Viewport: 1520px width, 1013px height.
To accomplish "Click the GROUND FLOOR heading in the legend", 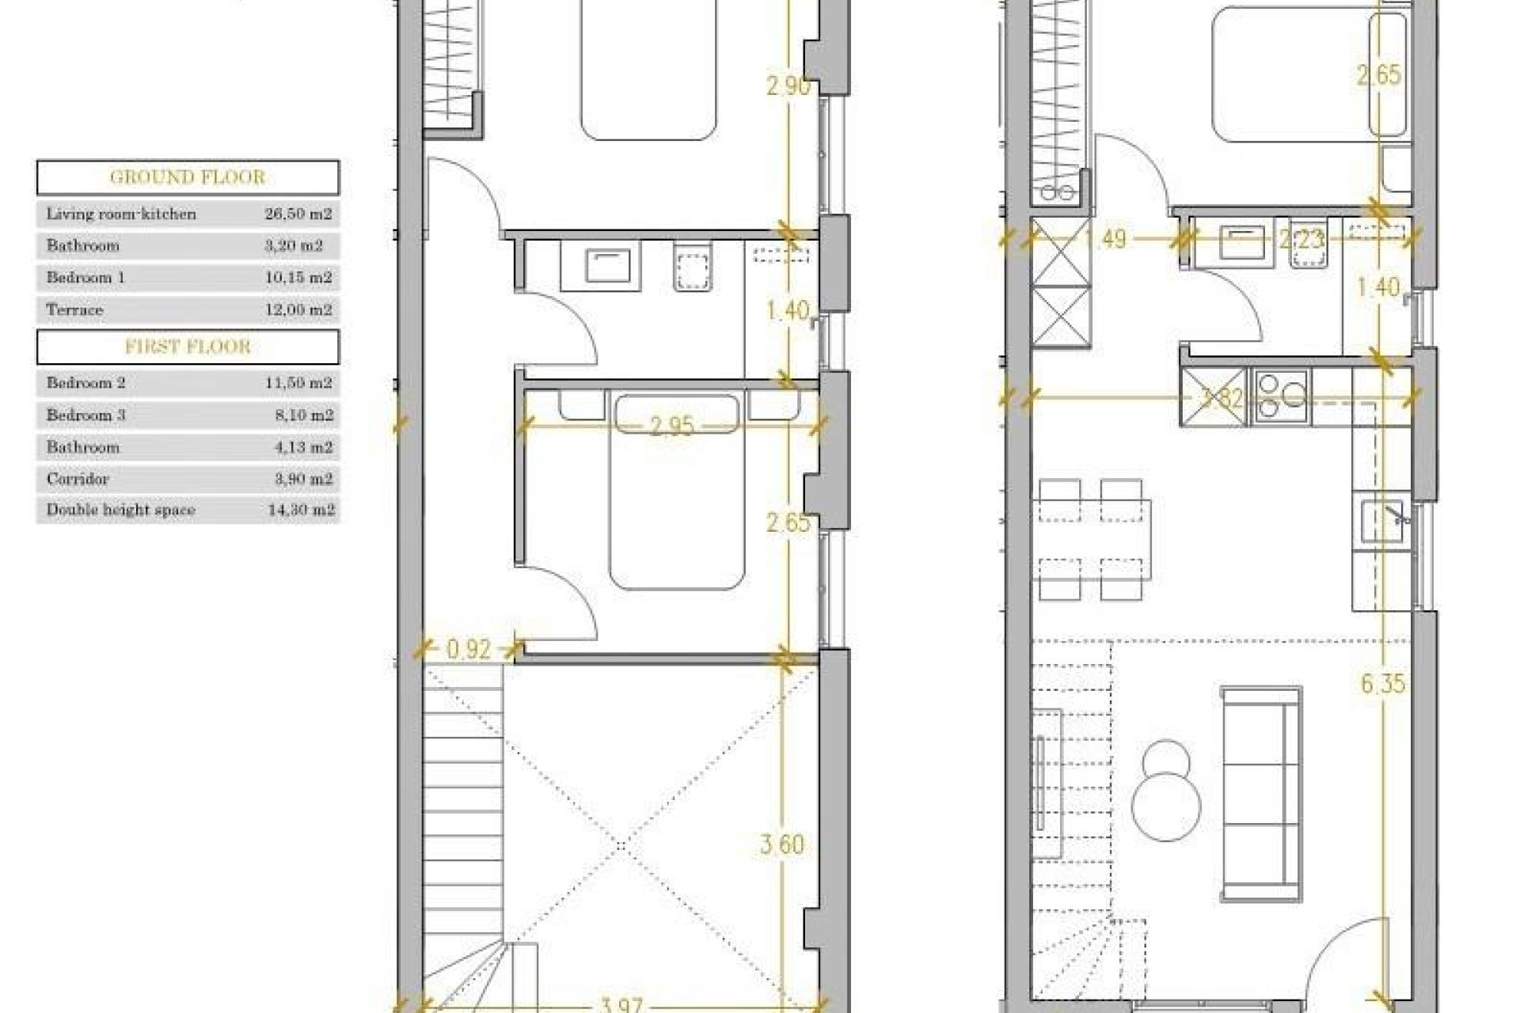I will tap(188, 177).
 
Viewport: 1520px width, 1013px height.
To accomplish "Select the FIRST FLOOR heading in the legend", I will tap(188, 347).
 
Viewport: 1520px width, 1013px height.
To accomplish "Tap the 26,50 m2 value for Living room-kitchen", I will tap(298, 214).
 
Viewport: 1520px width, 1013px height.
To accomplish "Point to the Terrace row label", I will tap(74, 309).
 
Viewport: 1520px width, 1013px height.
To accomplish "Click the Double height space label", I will tap(120, 510).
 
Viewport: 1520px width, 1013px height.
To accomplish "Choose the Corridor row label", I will tap(78, 479).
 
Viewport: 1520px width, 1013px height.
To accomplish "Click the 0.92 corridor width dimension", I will tap(469, 650).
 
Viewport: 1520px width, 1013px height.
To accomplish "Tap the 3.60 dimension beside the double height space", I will tap(782, 844).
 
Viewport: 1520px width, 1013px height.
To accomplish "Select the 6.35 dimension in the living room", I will tap(1383, 684).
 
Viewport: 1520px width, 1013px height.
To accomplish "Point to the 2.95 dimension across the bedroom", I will tap(671, 427).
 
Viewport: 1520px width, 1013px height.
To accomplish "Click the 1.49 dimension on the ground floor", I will tap(1104, 238).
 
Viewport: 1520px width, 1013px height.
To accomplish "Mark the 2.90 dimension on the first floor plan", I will tap(788, 85).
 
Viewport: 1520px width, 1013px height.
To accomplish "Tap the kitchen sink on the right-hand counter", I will tap(1381, 522).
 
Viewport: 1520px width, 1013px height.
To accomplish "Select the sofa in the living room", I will tap(1262, 794).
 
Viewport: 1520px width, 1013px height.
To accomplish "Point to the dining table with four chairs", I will tap(1092, 541).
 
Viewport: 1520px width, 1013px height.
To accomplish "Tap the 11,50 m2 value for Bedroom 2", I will tap(298, 383).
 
